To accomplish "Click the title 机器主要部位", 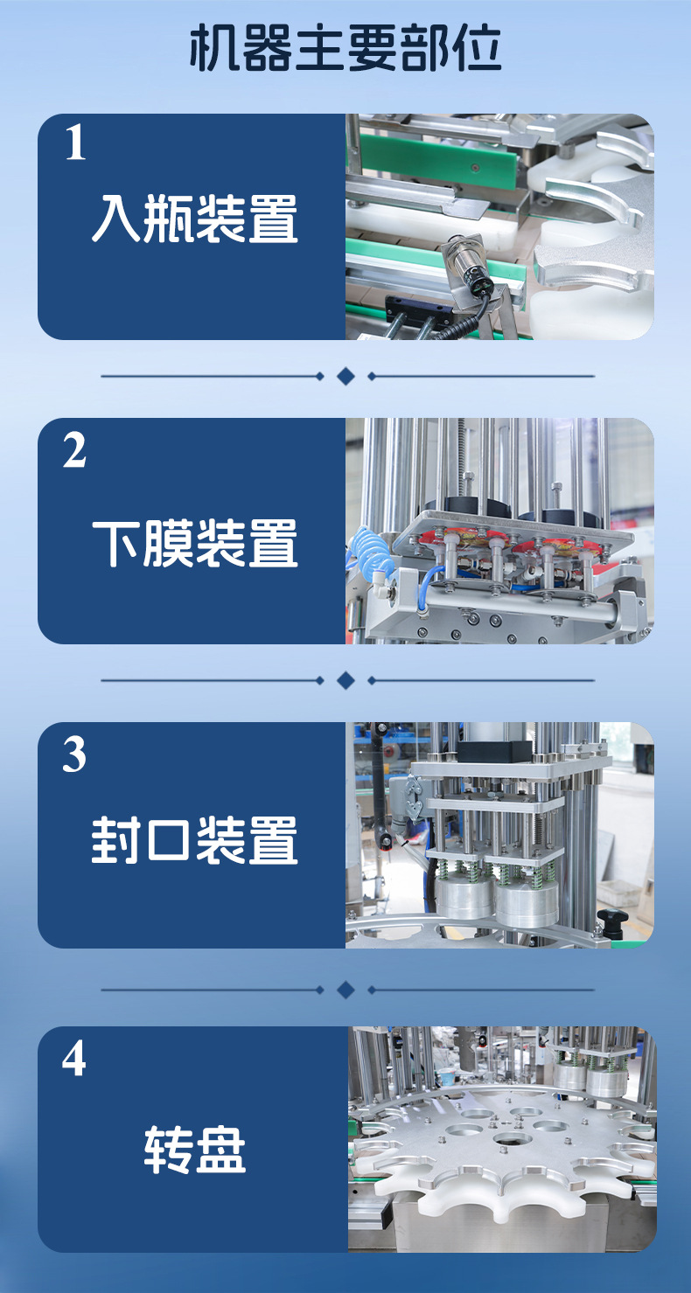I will [x=345, y=49].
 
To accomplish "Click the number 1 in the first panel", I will [x=75, y=144].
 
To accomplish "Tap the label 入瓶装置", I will [x=194, y=219].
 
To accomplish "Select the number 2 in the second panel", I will [x=75, y=450].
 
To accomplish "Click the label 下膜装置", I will [x=194, y=543].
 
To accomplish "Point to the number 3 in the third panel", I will [x=75, y=755].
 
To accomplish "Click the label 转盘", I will [x=194, y=1150].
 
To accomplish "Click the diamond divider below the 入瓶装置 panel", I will [x=345, y=376].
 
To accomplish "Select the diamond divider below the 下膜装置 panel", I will [x=345, y=680].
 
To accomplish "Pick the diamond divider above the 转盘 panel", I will [x=345, y=990].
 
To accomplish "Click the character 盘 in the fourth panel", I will [x=220, y=1150].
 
